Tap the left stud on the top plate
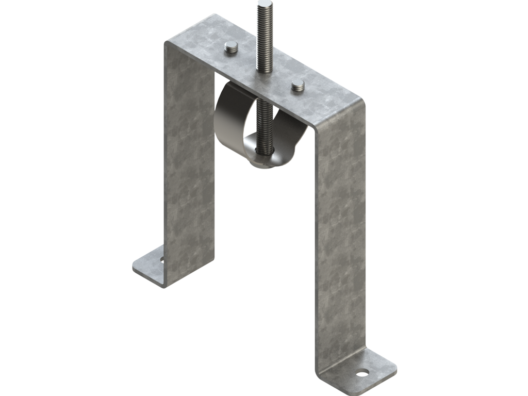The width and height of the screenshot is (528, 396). [230, 48]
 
